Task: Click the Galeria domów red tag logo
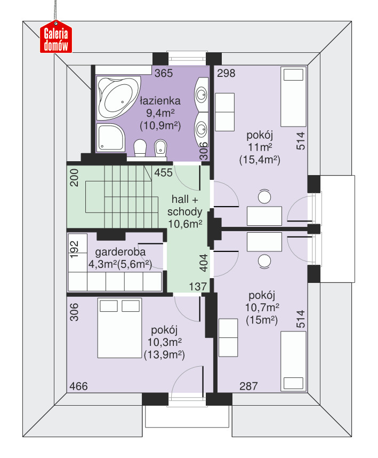tap(56, 37)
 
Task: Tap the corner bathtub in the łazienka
tap(119, 98)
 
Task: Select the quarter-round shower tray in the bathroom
tap(110, 137)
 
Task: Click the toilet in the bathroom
tap(140, 148)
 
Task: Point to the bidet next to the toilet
tap(160, 148)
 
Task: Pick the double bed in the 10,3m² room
tap(119, 328)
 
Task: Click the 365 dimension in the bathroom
tap(164, 73)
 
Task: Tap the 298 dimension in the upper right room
tap(226, 73)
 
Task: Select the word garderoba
tap(120, 252)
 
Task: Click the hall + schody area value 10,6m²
tap(185, 224)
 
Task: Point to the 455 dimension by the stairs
tap(163, 172)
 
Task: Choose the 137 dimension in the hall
tap(198, 287)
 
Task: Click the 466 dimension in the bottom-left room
tap(78, 386)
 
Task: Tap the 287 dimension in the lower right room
tap(248, 386)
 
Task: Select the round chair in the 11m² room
tap(264, 196)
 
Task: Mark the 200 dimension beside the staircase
tap(75, 178)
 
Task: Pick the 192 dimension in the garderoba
tap(75, 249)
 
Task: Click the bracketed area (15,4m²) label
tap(260, 160)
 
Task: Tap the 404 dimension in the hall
tap(204, 263)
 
